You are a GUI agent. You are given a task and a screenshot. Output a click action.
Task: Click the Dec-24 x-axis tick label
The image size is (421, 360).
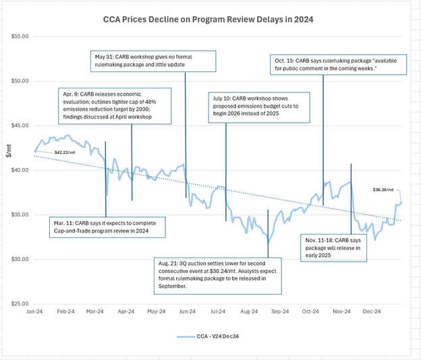tap(372, 311)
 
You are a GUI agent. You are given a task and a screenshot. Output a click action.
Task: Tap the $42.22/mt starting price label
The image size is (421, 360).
tap(65, 153)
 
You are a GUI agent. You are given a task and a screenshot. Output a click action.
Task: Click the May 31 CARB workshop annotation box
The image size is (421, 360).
tap(154, 60)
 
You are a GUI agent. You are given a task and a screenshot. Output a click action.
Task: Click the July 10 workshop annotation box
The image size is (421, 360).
tap(252, 107)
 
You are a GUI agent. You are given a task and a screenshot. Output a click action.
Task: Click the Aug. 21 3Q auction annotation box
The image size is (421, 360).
tap(218, 273)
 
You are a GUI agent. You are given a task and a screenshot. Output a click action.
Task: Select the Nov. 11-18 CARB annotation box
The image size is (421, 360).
tap(335, 248)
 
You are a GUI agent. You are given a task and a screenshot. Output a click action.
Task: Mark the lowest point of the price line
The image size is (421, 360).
tap(268, 243)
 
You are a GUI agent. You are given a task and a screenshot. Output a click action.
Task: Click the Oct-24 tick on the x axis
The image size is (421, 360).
tap(310, 311)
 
